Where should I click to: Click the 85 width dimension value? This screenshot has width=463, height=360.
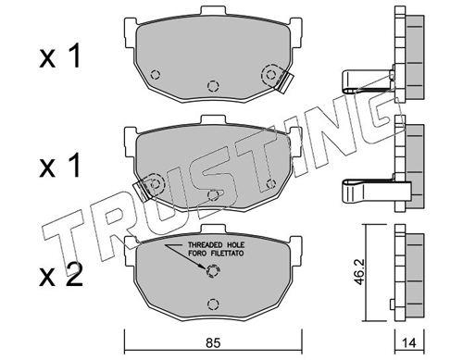pyautogui.click(x=213, y=342)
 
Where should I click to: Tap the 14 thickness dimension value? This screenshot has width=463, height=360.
pyautogui.click(x=409, y=343)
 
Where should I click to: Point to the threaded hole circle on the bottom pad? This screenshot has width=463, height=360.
pyautogui.click(x=212, y=271)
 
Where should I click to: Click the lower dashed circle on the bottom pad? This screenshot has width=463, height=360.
pyautogui.click(x=212, y=304)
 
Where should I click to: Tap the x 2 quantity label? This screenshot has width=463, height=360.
pyautogui.click(x=61, y=276)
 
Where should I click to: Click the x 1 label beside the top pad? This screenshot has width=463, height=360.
pyautogui.click(x=60, y=56)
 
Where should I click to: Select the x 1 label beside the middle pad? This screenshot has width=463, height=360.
pyautogui.click(x=60, y=167)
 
